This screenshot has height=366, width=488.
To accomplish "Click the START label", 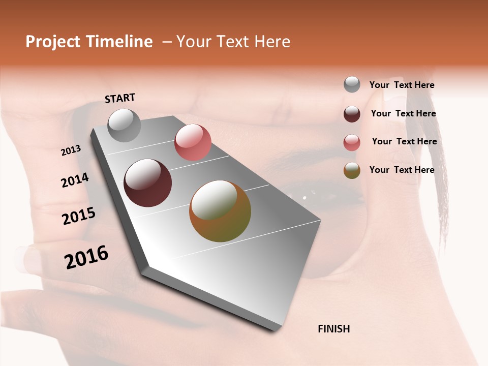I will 120,98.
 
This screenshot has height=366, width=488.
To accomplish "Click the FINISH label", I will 333,329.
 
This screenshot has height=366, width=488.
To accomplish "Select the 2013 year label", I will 71,150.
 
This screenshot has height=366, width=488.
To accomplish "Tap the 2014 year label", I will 75,180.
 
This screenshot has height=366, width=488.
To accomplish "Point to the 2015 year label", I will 79,216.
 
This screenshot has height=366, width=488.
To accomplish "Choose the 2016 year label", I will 86,257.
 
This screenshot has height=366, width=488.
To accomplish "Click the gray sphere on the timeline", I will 124,125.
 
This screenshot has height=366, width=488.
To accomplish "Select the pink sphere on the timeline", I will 193,142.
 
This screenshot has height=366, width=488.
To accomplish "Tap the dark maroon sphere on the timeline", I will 147,183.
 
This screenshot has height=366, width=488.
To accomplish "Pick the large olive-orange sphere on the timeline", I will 220,211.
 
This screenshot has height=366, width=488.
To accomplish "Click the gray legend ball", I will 352,84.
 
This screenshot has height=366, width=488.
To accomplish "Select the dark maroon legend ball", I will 352,114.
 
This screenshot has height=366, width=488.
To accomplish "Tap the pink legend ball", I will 352,142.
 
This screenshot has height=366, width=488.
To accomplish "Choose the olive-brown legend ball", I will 352,170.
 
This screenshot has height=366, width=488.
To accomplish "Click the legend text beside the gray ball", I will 402,85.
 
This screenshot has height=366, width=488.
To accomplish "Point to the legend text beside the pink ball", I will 404,141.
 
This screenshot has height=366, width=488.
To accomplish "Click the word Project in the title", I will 53,42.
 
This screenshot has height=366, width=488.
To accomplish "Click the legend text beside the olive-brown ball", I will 402,170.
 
